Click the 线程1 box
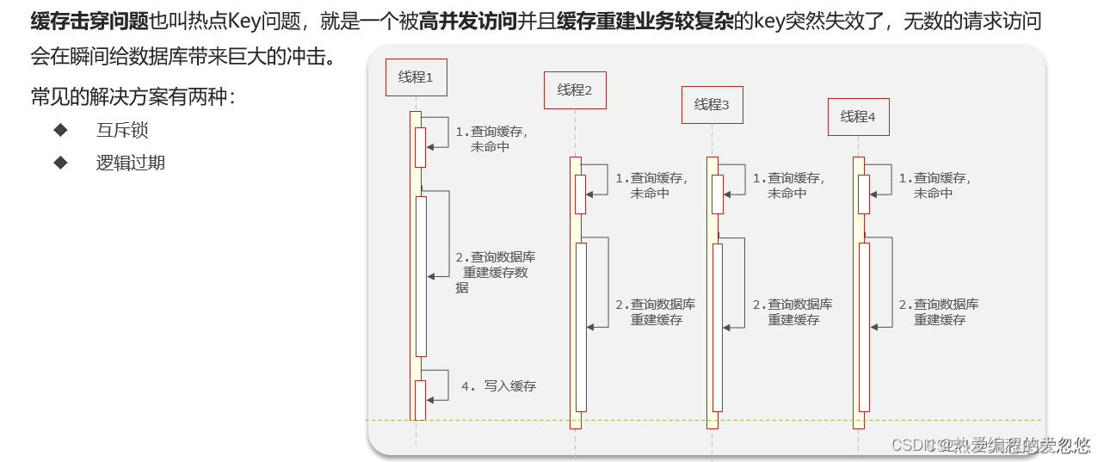pos(416,77)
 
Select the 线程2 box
pos(575,90)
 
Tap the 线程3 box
pos(712,105)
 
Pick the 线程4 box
pos(858,117)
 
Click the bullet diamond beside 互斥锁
pos(60,130)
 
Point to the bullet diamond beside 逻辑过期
pos(60,162)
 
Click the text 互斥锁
pos(122,131)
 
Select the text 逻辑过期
pos(131,163)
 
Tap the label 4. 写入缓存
pos(498,386)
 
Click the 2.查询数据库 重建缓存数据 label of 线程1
pos(495,272)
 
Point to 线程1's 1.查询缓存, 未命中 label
pos(491,139)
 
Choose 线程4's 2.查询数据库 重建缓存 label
pos(939,312)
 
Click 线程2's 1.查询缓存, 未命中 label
pos(651,186)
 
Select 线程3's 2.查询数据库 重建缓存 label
pos(793,312)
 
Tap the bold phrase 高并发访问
pos(467,22)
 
